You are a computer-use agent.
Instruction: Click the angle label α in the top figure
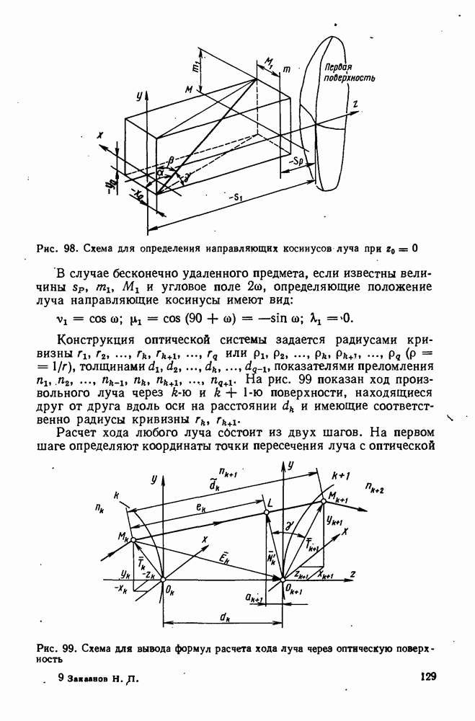tap(163, 173)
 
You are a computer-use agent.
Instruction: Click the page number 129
tap(428, 677)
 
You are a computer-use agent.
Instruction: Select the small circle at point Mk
tap(133, 539)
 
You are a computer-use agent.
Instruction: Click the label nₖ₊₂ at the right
tap(376, 490)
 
